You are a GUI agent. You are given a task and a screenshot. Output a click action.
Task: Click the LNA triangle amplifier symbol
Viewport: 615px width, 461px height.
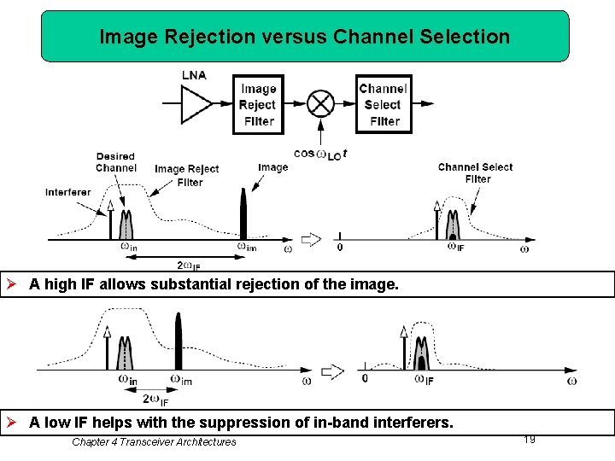196,104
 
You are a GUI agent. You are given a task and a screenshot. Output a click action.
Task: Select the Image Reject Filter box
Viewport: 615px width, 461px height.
258,104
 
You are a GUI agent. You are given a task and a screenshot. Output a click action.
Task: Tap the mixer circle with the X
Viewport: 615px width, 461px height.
320,104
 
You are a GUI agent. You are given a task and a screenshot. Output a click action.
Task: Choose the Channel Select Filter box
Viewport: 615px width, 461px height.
383,104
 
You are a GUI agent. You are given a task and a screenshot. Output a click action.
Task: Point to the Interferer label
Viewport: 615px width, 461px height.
67,192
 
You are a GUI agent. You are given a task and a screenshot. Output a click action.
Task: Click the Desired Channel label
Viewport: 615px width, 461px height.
116,162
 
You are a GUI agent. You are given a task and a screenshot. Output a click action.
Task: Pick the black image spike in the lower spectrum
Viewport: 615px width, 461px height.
179,341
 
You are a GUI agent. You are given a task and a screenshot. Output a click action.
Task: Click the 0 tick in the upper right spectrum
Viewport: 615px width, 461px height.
340,248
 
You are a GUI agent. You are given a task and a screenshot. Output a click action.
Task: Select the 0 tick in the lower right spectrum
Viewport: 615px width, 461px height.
366,377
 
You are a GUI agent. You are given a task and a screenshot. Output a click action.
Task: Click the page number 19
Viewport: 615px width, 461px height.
530,439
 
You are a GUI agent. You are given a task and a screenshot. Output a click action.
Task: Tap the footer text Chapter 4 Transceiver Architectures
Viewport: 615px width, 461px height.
154,441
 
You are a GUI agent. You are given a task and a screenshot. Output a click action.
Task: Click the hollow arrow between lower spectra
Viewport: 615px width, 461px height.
331,371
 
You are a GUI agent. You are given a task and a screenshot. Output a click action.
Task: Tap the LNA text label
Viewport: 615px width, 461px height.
194,75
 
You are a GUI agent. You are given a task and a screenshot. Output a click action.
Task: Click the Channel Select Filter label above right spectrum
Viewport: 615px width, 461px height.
476,172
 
